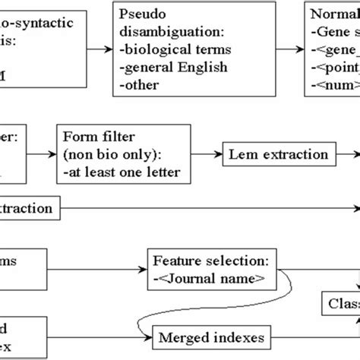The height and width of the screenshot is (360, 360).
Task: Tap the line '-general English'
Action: [x=169, y=68]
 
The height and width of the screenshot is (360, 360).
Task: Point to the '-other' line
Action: [x=140, y=84]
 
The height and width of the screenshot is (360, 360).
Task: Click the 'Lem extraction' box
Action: [x=278, y=155]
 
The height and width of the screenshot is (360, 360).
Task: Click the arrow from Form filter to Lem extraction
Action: [x=203, y=156]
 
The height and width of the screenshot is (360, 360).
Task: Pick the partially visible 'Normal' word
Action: [x=335, y=16]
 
